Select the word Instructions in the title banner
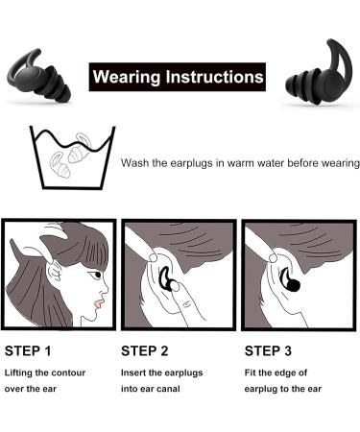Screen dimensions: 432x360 coord(213,73)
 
